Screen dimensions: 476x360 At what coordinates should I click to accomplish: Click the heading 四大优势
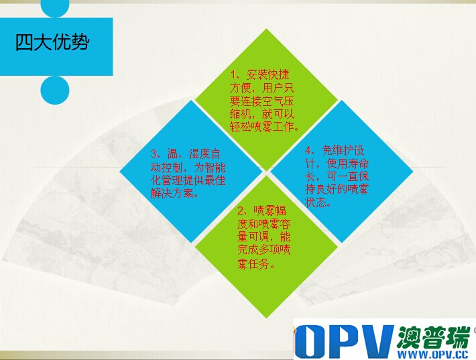(52, 42)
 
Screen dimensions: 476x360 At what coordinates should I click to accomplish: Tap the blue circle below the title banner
(55, 90)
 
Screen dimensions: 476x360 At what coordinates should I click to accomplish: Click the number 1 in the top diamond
(233, 74)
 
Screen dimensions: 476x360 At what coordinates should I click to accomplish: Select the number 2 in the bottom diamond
(241, 211)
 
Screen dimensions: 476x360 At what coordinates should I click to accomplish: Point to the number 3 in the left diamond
(154, 154)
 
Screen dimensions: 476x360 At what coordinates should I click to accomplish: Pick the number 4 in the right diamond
(308, 151)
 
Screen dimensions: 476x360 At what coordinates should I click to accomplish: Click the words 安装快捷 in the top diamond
(267, 74)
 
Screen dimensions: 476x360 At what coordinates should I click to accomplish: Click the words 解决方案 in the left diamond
(172, 193)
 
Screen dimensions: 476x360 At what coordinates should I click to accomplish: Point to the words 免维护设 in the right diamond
(343, 151)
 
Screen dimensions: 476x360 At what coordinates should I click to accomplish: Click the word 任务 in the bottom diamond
(259, 264)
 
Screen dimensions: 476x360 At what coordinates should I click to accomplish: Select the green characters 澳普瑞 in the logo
(433, 337)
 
